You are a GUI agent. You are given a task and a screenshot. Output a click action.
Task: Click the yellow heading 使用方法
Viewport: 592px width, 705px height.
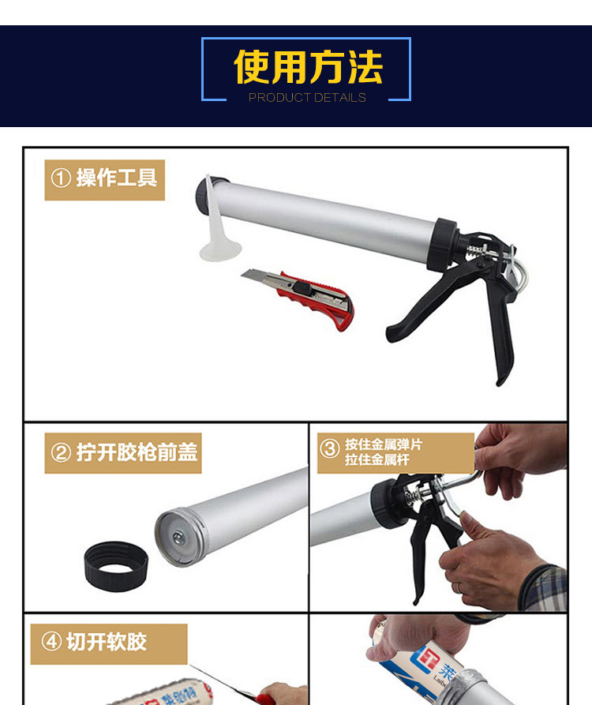307,68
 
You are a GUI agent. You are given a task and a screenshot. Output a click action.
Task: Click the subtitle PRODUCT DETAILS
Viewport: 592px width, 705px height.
307,98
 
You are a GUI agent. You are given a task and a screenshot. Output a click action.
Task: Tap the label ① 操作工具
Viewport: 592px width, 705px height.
104,178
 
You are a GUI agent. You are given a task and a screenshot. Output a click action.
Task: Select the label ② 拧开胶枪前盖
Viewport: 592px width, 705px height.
124,453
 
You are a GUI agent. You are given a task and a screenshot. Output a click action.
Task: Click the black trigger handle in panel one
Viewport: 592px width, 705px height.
497,332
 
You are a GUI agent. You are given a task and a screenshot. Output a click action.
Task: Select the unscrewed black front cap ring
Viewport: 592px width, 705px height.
116,564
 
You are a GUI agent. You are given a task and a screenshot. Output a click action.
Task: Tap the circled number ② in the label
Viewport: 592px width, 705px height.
61,453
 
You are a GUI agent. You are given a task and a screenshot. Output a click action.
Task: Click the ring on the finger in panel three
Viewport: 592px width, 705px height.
458,588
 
